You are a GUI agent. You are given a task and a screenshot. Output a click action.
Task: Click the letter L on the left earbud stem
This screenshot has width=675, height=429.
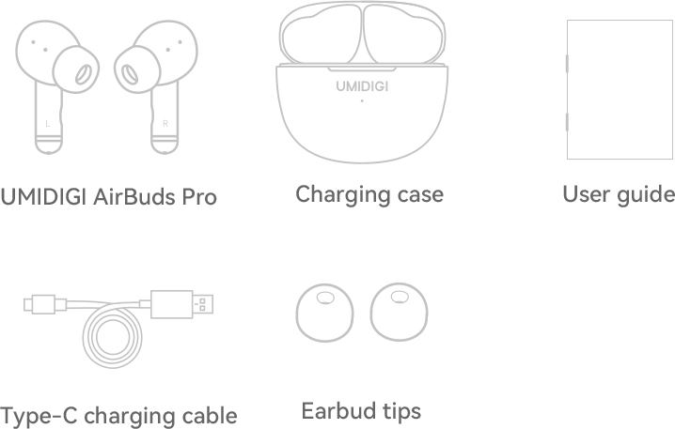[x=47, y=124]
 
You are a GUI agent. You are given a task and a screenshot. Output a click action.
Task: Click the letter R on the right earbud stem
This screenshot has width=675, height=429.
[x=165, y=124]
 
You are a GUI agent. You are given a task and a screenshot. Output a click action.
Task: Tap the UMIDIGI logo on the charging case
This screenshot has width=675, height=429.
[x=362, y=86]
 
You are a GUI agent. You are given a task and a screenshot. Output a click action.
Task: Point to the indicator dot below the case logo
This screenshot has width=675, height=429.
[x=362, y=100]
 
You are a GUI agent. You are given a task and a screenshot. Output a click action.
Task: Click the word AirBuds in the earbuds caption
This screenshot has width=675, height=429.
[x=133, y=197]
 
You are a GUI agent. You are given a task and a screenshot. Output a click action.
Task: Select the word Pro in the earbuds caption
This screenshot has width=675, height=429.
[x=199, y=197]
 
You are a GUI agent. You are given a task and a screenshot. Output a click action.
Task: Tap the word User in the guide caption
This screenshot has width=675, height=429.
[x=587, y=194]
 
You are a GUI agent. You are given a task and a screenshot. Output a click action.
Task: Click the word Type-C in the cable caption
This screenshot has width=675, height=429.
[x=39, y=416]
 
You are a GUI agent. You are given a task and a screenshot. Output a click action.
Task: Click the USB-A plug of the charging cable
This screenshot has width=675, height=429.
[x=181, y=304]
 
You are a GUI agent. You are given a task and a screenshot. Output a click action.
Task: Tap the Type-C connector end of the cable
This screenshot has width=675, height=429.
[x=39, y=304]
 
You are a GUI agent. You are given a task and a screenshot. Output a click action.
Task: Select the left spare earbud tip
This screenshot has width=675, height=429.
[x=325, y=313]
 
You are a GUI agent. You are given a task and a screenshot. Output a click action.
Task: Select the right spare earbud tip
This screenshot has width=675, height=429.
[x=399, y=312]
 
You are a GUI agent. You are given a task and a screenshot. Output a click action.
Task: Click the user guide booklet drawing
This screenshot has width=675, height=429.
[x=620, y=89]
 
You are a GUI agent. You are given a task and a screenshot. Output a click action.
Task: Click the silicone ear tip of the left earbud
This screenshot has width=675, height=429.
[x=76, y=69]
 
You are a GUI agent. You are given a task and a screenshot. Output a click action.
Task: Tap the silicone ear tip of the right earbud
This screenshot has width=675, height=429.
[x=137, y=69]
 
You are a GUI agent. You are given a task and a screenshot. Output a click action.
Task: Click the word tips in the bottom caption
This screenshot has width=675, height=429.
[x=401, y=411]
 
